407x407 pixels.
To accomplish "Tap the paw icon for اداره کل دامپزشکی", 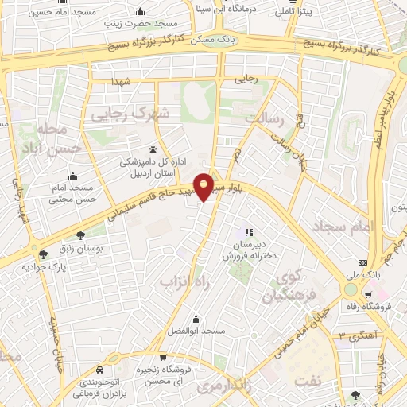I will click(x=153, y=149).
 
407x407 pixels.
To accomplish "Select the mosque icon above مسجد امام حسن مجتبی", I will click(x=73, y=176).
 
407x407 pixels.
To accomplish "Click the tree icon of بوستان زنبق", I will click(x=80, y=235).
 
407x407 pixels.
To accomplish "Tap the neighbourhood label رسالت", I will click(x=265, y=118).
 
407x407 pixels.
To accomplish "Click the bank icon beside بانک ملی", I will click(x=363, y=262).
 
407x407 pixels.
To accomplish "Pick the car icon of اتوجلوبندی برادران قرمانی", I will click(x=100, y=370).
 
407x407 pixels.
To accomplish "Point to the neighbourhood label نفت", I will click(x=301, y=382).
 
